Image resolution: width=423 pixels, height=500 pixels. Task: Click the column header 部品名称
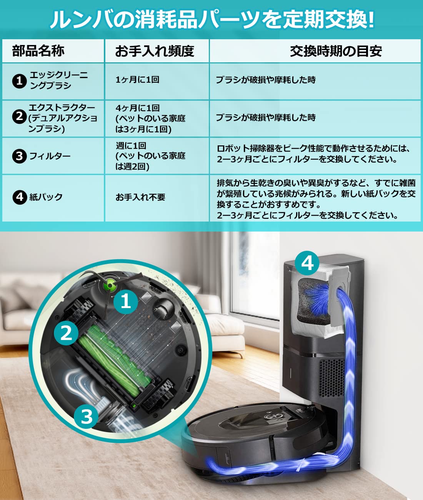(x=38, y=51)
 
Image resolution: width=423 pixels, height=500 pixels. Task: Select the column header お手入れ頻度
(x=155, y=51)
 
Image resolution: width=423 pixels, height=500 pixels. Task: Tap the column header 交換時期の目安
(x=336, y=51)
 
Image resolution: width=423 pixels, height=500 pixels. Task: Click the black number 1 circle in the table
(x=19, y=81)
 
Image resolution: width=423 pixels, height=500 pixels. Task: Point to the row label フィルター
(x=50, y=156)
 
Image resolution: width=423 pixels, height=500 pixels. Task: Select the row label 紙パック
(x=46, y=197)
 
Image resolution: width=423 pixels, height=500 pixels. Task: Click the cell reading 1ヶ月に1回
(x=137, y=80)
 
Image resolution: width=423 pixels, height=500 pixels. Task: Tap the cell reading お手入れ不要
(x=140, y=197)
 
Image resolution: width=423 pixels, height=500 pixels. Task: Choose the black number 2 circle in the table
(x=19, y=116)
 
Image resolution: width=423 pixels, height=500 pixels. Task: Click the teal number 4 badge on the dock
(x=307, y=263)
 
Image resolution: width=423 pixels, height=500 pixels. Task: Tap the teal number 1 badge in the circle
(x=126, y=301)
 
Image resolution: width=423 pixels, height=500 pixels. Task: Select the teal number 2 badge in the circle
(x=66, y=332)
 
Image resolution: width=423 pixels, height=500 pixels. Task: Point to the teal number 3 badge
(x=87, y=417)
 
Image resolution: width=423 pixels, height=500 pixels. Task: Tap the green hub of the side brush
(x=110, y=285)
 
